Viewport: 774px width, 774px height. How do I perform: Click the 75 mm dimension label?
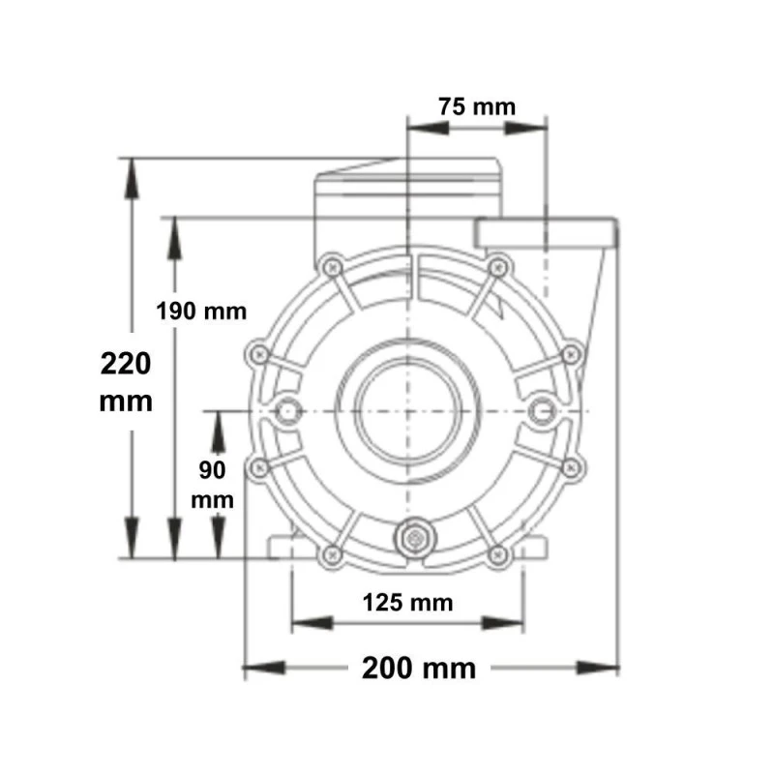[x=477, y=106]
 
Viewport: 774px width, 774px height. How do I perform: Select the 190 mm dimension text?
[x=201, y=312]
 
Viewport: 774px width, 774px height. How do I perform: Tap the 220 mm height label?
[x=126, y=382]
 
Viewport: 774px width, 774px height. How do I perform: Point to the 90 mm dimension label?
[x=212, y=485]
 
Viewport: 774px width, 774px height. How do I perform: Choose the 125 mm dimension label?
[x=407, y=603]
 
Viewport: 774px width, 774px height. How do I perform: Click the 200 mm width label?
[x=419, y=669]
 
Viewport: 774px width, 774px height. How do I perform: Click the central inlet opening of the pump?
[x=407, y=410]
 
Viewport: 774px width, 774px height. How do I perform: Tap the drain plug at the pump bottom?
[x=415, y=538]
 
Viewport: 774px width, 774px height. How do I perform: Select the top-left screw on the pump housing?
[x=332, y=268]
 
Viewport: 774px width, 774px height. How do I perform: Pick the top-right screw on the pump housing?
[x=497, y=268]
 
